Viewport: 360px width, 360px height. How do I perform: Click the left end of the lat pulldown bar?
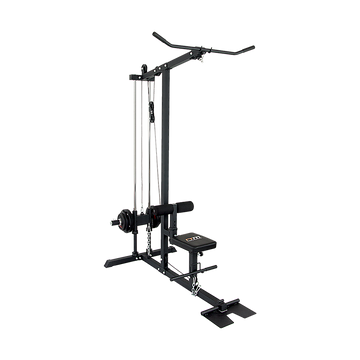click(x=153, y=39)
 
